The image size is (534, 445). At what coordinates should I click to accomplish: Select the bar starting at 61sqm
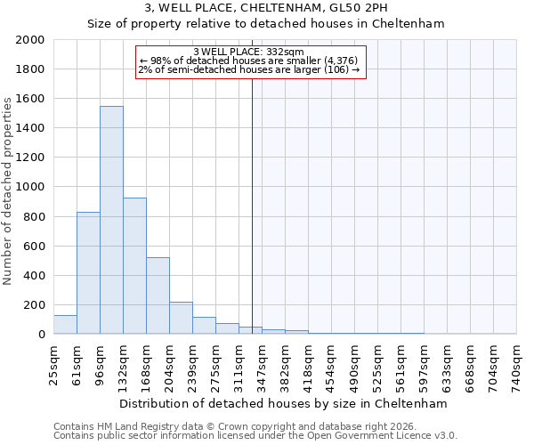pos(88,272)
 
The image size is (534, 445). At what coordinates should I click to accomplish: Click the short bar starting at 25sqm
pos(65,325)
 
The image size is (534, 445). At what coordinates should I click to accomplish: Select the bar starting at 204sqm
pos(181,318)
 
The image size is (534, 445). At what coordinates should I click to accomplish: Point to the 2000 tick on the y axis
pos(30,40)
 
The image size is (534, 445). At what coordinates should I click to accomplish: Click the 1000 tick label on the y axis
pos(30,188)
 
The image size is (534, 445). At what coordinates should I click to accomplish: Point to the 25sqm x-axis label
pos(53,363)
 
